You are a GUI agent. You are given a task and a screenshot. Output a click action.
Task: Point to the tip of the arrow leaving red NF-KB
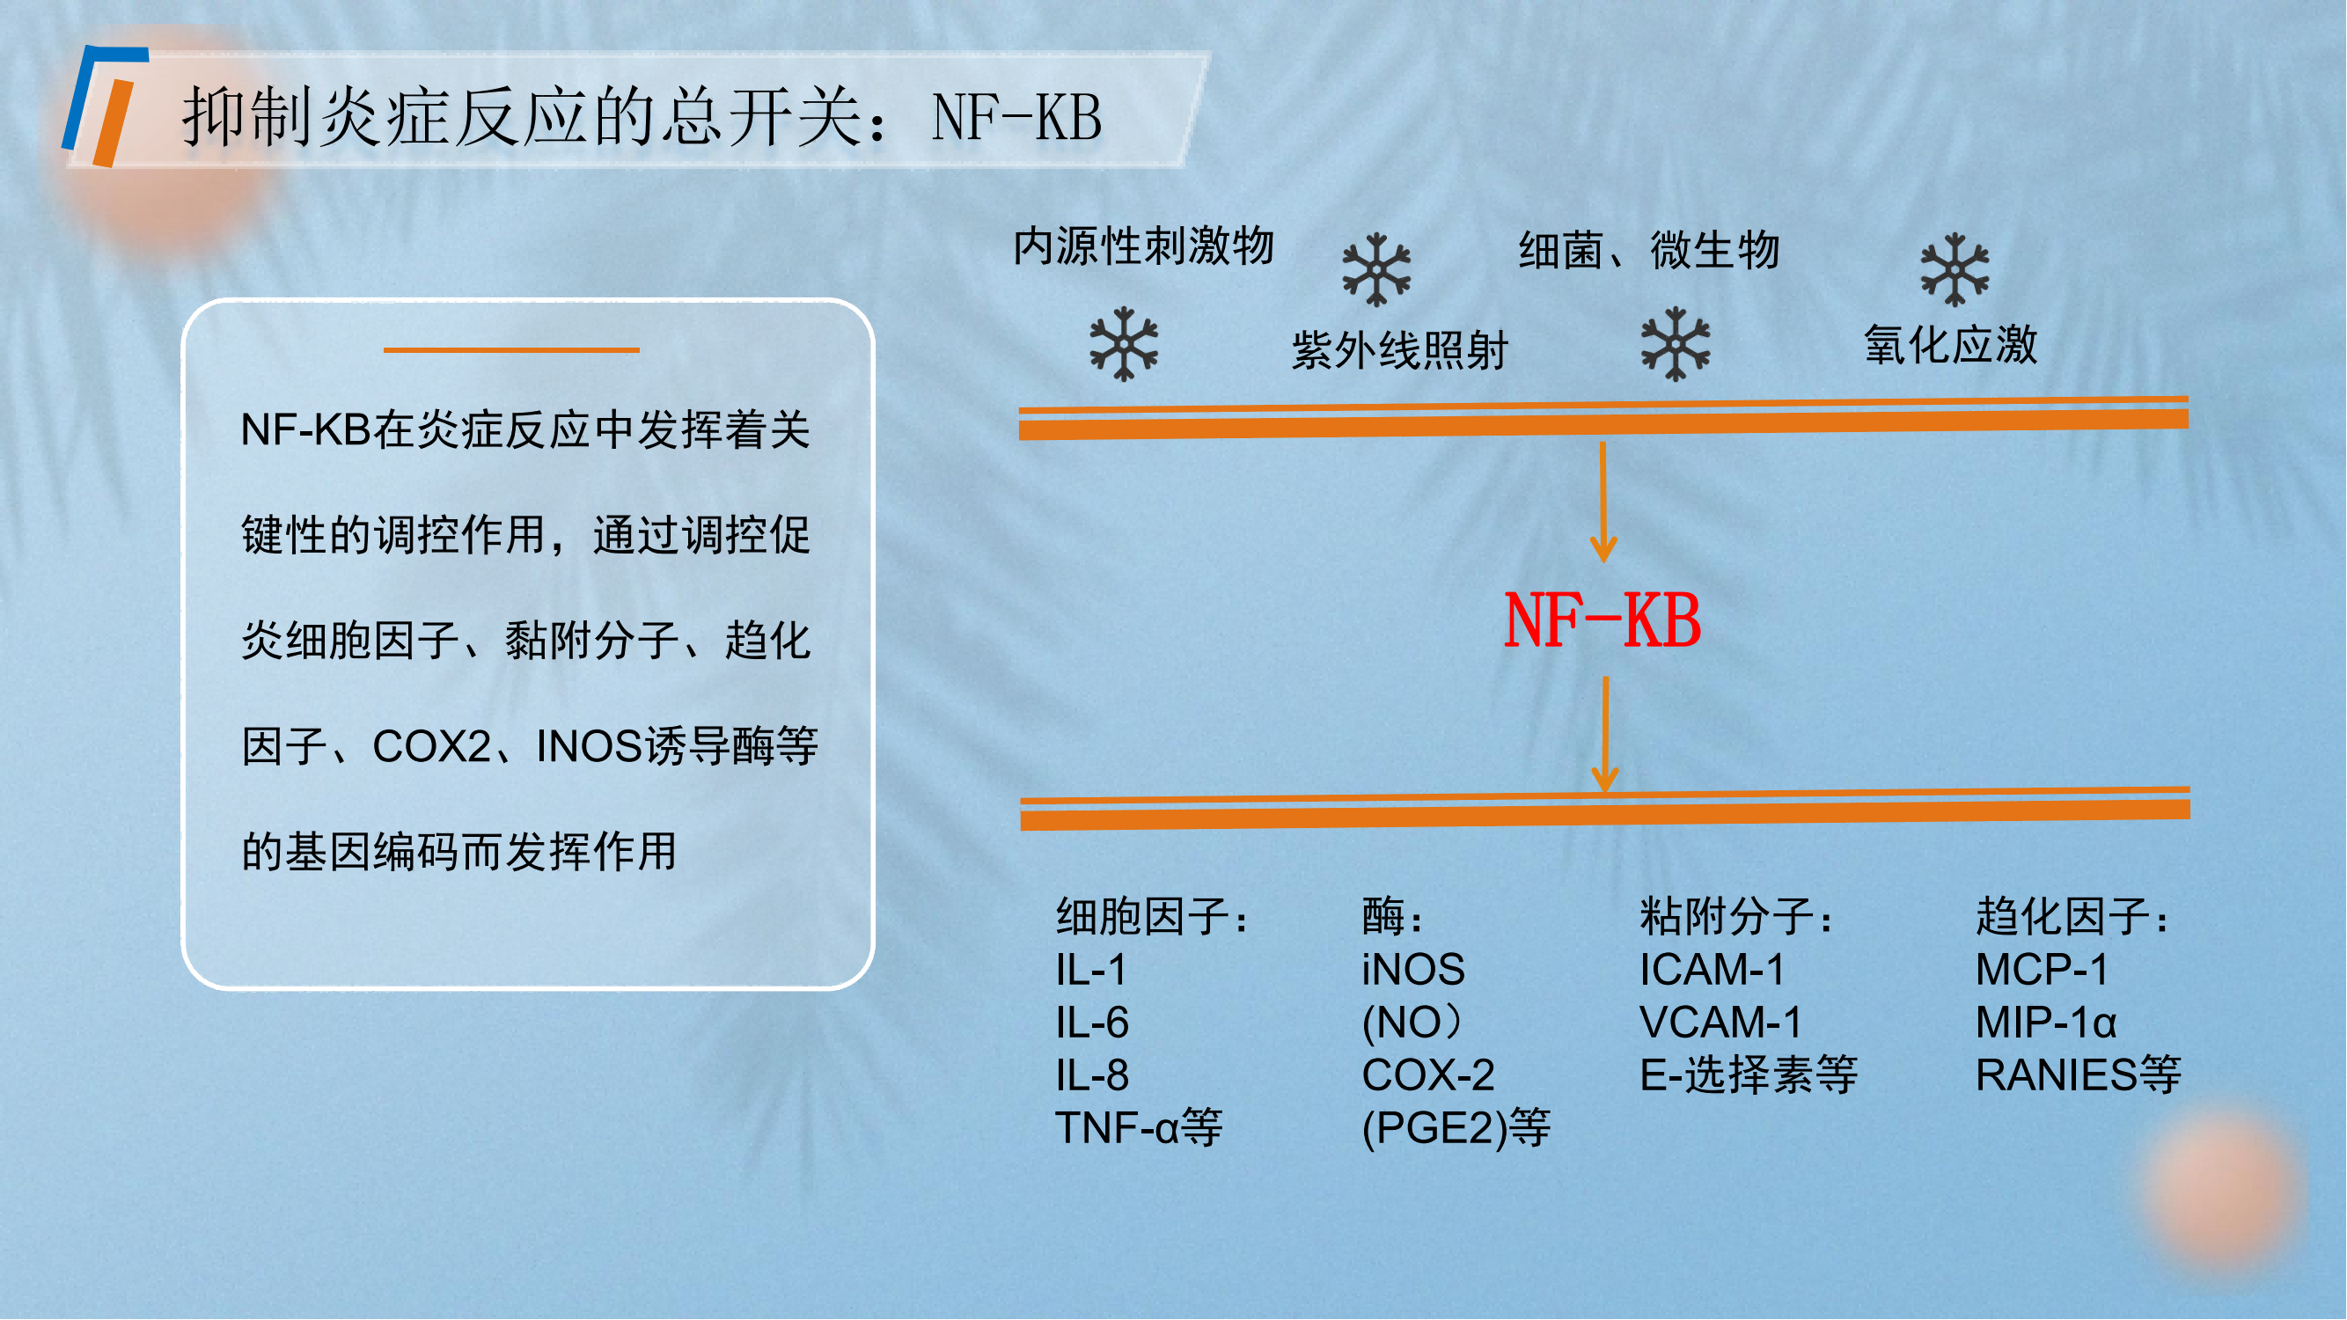click(x=1605, y=792)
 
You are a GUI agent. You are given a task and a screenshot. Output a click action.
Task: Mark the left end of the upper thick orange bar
click(x=1021, y=425)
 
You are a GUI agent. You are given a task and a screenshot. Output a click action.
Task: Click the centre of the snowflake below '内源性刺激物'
click(x=1125, y=343)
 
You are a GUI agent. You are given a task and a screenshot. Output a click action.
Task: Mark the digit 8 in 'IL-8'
click(x=1116, y=1075)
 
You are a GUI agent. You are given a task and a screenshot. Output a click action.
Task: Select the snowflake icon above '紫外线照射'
click(x=1376, y=269)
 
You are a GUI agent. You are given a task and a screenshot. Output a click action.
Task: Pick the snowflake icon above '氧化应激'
click(x=1955, y=269)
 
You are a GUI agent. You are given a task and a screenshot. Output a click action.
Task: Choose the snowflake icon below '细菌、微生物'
click(x=1676, y=343)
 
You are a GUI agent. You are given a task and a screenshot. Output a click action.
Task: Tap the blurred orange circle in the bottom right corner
click(x=2223, y=1184)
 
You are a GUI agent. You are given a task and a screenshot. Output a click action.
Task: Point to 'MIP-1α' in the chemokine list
click(x=2045, y=1022)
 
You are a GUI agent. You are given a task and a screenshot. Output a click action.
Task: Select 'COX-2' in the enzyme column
click(x=1427, y=1075)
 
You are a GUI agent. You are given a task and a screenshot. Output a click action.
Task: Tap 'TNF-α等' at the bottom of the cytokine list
click(x=1139, y=1128)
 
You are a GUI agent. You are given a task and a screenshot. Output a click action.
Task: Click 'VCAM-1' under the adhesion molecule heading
click(x=1720, y=1022)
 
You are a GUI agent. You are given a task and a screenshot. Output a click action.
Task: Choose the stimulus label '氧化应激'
click(x=1951, y=345)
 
